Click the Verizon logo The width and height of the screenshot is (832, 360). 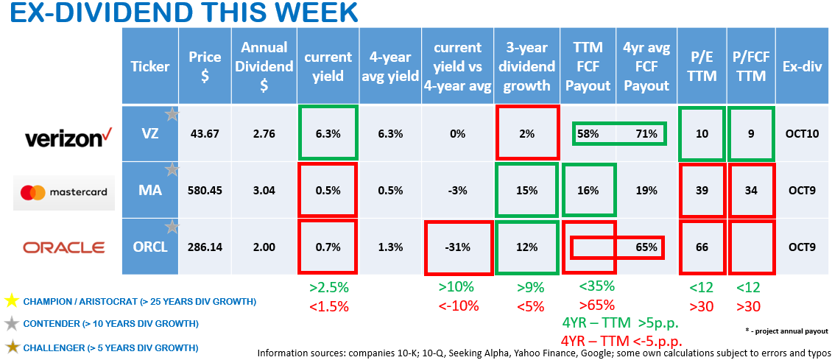coord(62,138)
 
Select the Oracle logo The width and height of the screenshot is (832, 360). coord(64,248)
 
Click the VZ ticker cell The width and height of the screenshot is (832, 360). coord(150,134)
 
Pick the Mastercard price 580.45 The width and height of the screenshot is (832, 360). coord(205,191)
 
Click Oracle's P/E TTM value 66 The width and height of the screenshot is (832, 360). coord(702,247)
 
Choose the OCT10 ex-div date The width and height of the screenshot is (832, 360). coord(803,134)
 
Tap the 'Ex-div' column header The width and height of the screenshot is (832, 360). coord(803,66)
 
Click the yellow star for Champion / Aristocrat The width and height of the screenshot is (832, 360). coord(10,301)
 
